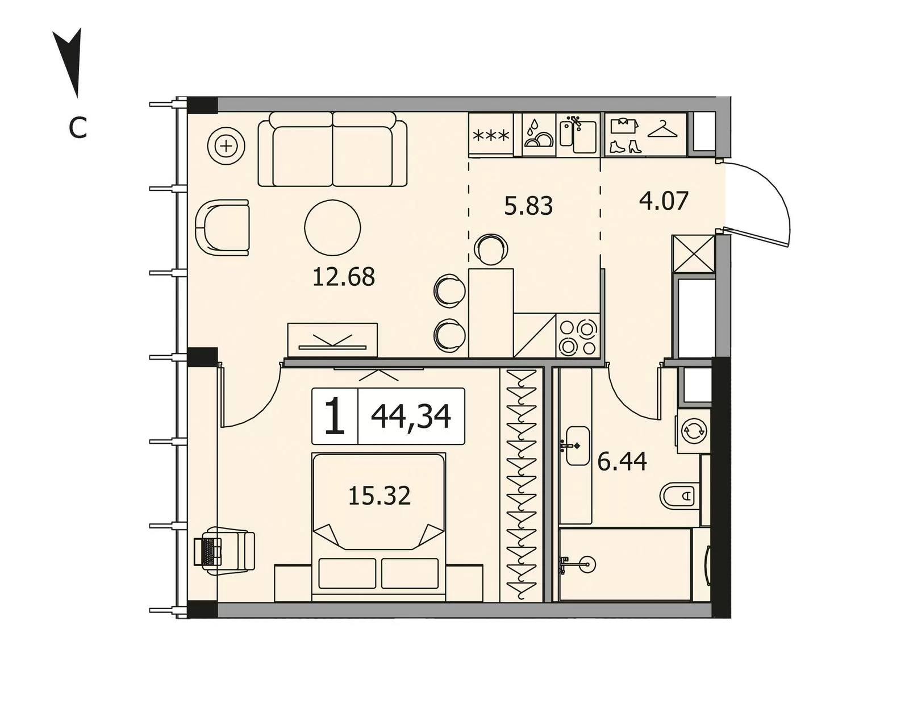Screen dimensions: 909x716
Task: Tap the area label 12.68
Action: [x=343, y=277]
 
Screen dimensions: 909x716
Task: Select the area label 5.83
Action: [x=528, y=207]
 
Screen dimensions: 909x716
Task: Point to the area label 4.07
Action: [x=664, y=201]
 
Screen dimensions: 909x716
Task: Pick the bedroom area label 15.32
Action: [x=380, y=496]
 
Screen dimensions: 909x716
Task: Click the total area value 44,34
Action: [x=411, y=416]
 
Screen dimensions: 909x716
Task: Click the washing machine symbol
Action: [x=694, y=431]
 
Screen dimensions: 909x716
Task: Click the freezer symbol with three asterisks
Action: [x=491, y=136]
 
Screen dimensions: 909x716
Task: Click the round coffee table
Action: [x=332, y=227]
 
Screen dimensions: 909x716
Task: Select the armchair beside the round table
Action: [x=222, y=227]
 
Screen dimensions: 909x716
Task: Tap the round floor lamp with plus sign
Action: [x=227, y=147]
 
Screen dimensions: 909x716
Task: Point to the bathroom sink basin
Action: [x=577, y=446]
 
